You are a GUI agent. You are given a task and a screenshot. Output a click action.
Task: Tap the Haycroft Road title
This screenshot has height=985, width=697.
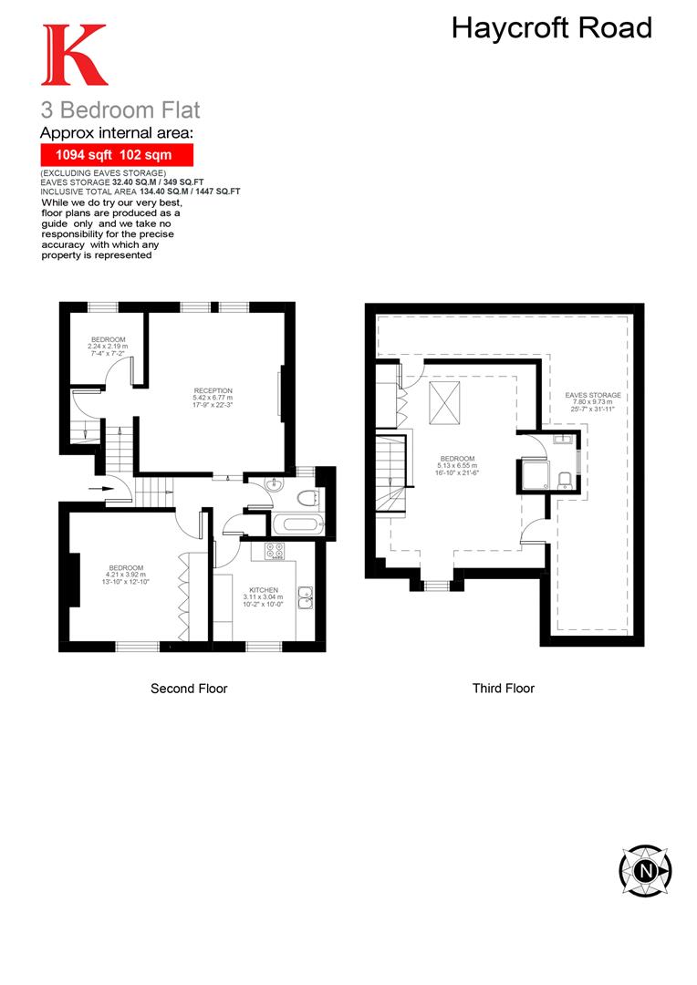point(552,28)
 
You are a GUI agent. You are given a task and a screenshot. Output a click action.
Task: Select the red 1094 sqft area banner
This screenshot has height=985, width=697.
point(117,155)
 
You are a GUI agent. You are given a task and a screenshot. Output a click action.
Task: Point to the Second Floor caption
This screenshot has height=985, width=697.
point(189,689)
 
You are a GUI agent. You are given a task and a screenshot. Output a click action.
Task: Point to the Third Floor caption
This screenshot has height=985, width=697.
point(503,689)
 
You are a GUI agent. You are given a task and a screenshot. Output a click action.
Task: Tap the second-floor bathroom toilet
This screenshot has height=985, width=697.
point(306,497)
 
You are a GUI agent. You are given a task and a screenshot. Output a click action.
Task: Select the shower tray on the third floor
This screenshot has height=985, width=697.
point(533,474)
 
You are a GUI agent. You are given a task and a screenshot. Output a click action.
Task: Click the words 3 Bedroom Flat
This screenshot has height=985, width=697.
point(120,110)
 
